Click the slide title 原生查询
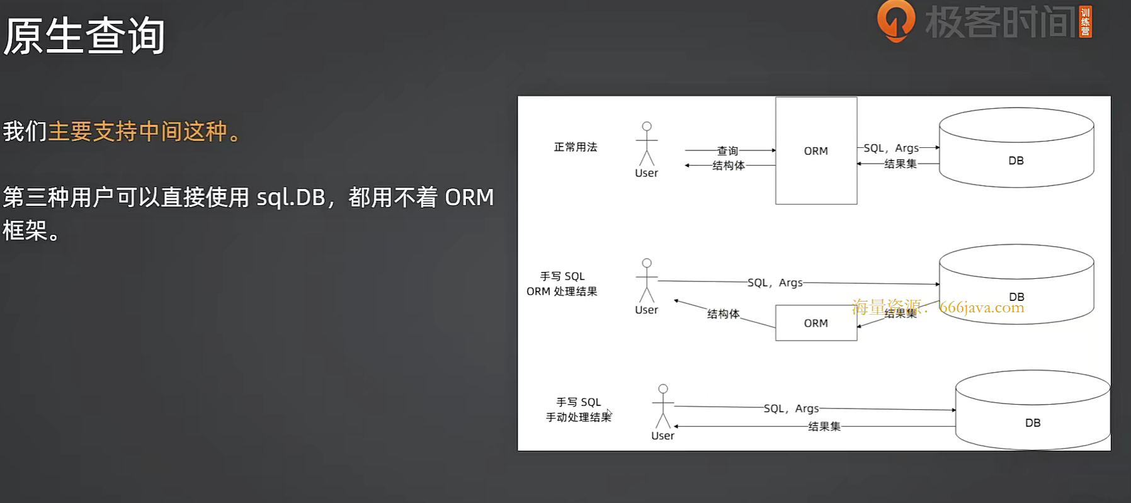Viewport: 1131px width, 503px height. (84, 36)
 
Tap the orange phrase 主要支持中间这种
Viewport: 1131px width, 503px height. (138, 132)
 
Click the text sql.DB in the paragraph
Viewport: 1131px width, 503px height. (290, 198)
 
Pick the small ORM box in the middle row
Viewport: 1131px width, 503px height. (816, 323)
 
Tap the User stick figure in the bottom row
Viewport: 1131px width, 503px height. (662, 407)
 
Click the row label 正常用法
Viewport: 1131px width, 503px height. (575, 147)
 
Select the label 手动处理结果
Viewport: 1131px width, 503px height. (578, 417)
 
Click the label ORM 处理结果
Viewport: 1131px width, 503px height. (562, 291)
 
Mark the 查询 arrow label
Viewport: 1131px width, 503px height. (727, 151)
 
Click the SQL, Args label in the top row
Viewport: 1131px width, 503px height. (890, 148)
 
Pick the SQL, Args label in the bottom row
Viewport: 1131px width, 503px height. (791, 409)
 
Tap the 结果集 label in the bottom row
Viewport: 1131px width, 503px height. (824, 427)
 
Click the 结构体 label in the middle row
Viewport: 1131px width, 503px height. (723, 314)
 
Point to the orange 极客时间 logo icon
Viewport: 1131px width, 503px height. (895, 21)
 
